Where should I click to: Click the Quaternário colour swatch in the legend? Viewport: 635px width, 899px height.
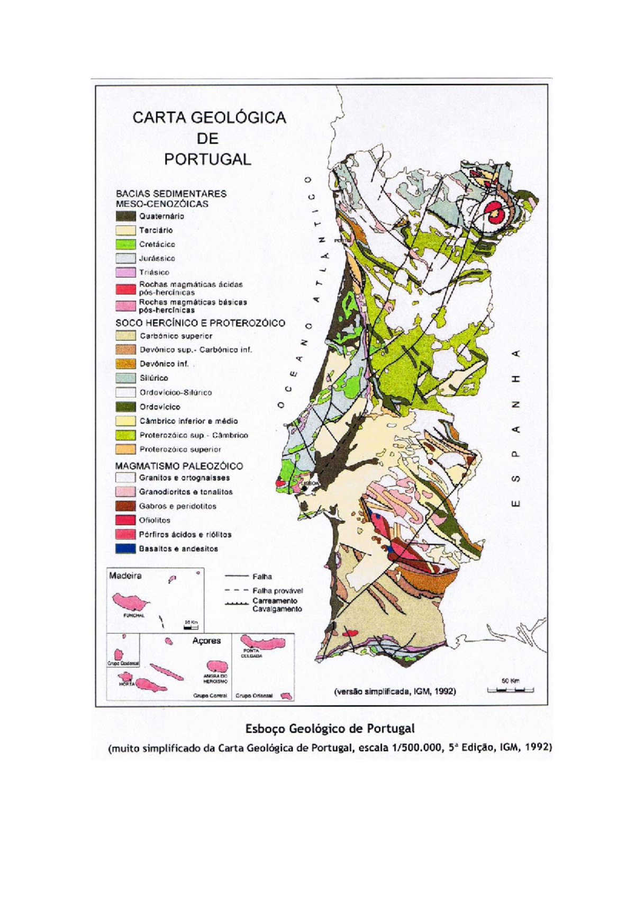click(x=125, y=216)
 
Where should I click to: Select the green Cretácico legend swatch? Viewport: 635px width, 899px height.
click(x=125, y=244)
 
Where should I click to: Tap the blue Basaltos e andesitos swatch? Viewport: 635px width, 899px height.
click(x=125, y=549)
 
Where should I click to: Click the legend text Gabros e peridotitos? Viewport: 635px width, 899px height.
click(x=178, y=506)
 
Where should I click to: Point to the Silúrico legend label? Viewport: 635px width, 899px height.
click(x=154, y=378)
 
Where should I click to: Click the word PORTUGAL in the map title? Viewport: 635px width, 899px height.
click(x=207, y=159)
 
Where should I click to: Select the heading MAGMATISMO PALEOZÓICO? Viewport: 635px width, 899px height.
click(x=179, y=466)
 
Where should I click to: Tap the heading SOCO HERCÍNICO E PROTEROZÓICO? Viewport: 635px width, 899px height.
click(x=200, y=322)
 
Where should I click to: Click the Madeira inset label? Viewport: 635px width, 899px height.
click(x=125, y=576)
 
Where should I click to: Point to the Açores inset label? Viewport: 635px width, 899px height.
click(x=206, y=641)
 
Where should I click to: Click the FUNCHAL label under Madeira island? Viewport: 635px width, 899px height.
click(x=134, y=616)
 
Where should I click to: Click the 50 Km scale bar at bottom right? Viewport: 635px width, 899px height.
click(x=510, y=689)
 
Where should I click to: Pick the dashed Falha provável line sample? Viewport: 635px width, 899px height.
click(x=237, y=590)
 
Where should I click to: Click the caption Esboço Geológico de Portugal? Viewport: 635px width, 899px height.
click(x=329, y=729)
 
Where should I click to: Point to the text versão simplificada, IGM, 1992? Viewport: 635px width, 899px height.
click(x=394, y=691)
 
